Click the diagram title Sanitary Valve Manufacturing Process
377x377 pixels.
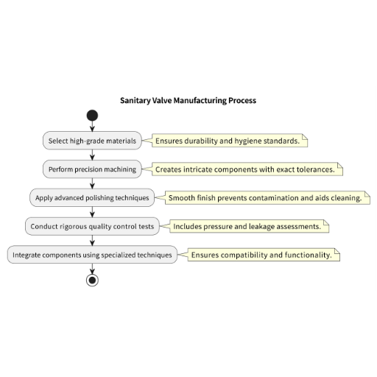click(188, 100)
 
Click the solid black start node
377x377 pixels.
click(92, 116)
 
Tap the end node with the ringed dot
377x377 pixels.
click(92, 280)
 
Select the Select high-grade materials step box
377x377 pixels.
click(92, 141)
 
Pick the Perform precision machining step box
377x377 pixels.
click(92, 169)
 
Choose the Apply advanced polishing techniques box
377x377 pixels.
click(92, 197)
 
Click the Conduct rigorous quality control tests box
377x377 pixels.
click(92, 226)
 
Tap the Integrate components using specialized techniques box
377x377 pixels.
click(92, 255)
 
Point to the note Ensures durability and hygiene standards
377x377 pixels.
click(230, 141)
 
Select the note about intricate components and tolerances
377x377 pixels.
click(247, 169)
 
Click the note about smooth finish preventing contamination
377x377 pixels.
click(267, 197)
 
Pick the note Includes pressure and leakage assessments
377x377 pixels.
click(250, 226)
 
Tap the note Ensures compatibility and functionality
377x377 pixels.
click(264, 255)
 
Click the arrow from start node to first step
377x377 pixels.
click(92, 126)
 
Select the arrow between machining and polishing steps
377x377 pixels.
click(92, 183)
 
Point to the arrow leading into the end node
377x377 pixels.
click(92, 269)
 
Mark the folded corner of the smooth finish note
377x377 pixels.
click(367, 194)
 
